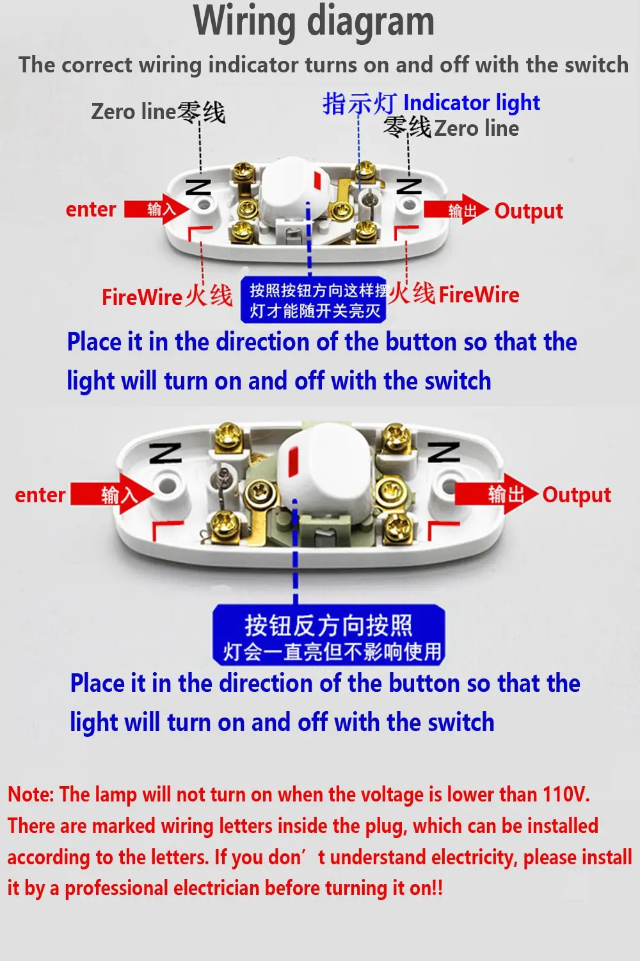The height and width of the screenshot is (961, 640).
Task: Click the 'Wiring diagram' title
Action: click(x=314, y=21)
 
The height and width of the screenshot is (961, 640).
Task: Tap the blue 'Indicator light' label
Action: click(x=471, y=103)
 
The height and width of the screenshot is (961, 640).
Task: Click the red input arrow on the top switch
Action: click(x=157, y=209)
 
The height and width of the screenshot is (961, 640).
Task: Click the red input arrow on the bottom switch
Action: click(x=112, y=494)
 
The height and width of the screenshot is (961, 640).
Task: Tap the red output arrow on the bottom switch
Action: click(x=496, y=494)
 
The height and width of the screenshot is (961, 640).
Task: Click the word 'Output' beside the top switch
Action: click(x=529, y=211)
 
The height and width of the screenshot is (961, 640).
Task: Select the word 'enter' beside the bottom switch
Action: click(x=40, y=495)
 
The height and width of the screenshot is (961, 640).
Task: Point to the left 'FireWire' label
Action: click(x=142, y=297)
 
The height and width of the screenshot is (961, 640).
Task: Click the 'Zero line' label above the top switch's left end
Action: click(x=133, y=111)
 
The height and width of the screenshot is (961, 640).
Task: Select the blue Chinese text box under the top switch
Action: click(x=314, y=300)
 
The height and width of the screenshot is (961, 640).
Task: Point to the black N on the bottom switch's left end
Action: click(x=165, y=453)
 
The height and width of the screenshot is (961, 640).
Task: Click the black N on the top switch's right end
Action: click(x=409, y=186)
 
